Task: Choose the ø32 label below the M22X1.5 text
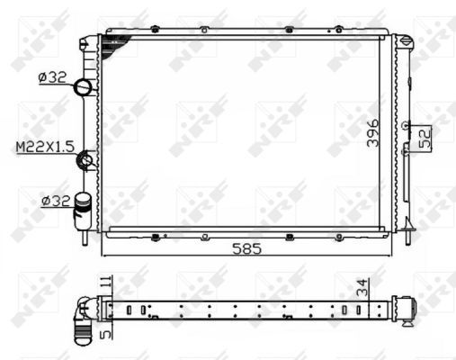53,200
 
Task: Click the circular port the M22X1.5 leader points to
87,160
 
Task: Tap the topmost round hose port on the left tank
85,87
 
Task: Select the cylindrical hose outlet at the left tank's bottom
83,206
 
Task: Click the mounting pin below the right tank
408,236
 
